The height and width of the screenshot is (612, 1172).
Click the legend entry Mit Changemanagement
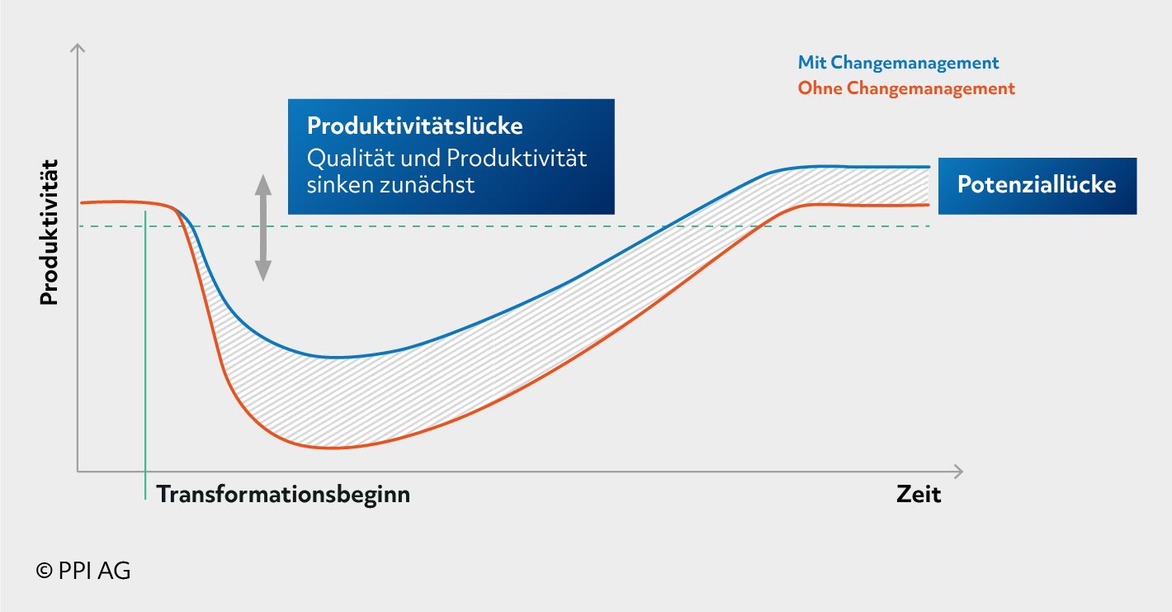898,64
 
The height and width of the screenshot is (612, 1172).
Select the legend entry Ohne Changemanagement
906,88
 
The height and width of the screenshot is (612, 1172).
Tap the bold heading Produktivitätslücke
415,126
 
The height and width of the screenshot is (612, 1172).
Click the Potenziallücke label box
1037,186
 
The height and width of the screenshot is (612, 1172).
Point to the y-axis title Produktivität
50,232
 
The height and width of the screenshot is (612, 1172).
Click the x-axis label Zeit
919,494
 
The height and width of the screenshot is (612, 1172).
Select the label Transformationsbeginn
283,495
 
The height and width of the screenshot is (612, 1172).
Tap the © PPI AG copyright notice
83,571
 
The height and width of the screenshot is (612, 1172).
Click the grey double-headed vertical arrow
262,228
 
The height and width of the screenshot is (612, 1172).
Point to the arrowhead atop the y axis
78,47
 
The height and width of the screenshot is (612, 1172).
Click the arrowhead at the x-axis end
958,472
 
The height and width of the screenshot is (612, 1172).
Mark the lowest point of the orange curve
329,448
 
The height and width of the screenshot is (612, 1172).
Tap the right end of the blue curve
929,167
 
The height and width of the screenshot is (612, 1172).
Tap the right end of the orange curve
929,205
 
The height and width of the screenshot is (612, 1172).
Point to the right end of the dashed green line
929,226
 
